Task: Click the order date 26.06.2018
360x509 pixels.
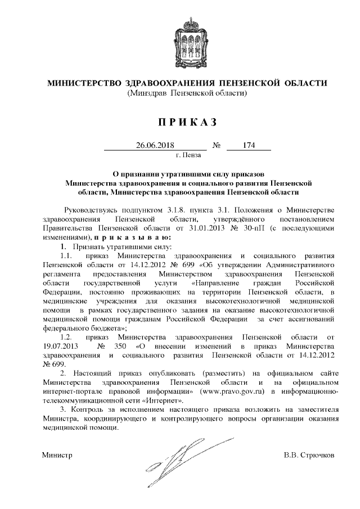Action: click(x=156, y=145)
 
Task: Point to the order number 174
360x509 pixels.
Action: click(x=249, y=145)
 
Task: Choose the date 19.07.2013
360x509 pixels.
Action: click(x=61, y=345)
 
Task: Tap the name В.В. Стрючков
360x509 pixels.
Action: click(x=309, y=454)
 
